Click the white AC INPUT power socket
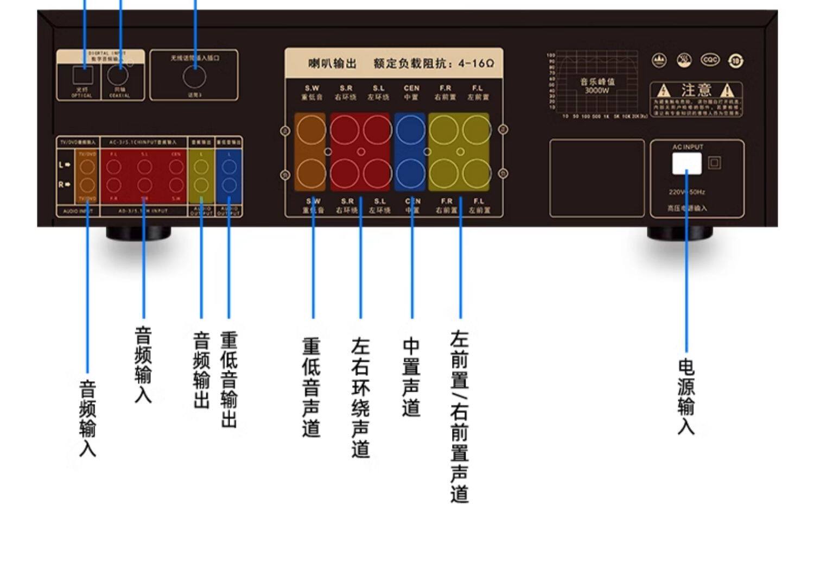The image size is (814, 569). click(x=686, y=163)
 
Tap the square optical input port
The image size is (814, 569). click(x=82, y=75)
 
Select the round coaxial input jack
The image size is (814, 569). click(x=118, y=75)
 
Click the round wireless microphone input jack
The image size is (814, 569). click(x=194, y=77)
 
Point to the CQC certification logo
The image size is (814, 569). click(x=710, y=60)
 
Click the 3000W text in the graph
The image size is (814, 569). click(x=597, y=91)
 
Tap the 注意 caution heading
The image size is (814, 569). click(x=696, y=90)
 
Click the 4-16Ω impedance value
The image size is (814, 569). click(x=476, y=64)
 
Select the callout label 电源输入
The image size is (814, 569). click(x=686, y=396)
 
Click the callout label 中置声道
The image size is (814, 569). click(x=411, y=377)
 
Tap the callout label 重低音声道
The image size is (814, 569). click(x=311, y=388)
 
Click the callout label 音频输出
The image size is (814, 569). click(x=201, y=370)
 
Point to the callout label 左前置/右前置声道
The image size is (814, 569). click(x=460, y=416)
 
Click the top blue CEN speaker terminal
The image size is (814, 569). click(x=410, y=130)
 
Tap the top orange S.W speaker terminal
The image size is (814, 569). click(x=311, y=130)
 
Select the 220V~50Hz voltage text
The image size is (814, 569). click(x=686, y=192)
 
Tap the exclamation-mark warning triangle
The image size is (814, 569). click(x=728, y=91)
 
